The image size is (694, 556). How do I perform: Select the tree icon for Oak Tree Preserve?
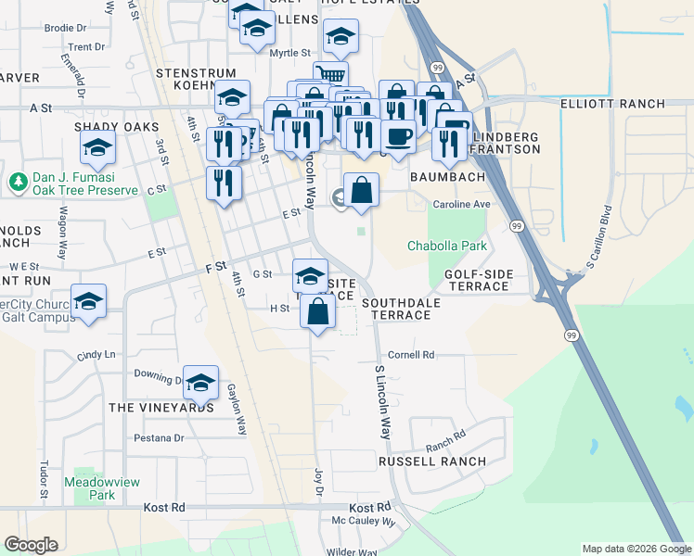tap(17, 181)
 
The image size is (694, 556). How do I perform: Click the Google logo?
tap(31, 545)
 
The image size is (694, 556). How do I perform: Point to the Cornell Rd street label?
tap(411, 355)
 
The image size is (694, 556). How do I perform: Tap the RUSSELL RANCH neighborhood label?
tap(431, 461)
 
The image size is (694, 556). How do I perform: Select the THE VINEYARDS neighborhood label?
tap(161, 407)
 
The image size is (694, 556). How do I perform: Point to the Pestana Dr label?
tap(159, 437)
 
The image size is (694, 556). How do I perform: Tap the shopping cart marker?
tap(330, 76)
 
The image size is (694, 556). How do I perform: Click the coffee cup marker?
tap(399, 135)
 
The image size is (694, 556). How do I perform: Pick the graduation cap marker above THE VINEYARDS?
tap(200, 381)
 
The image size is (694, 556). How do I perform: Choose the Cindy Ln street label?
tap(96, 355)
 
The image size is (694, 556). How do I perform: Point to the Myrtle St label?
tap(289, 54)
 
